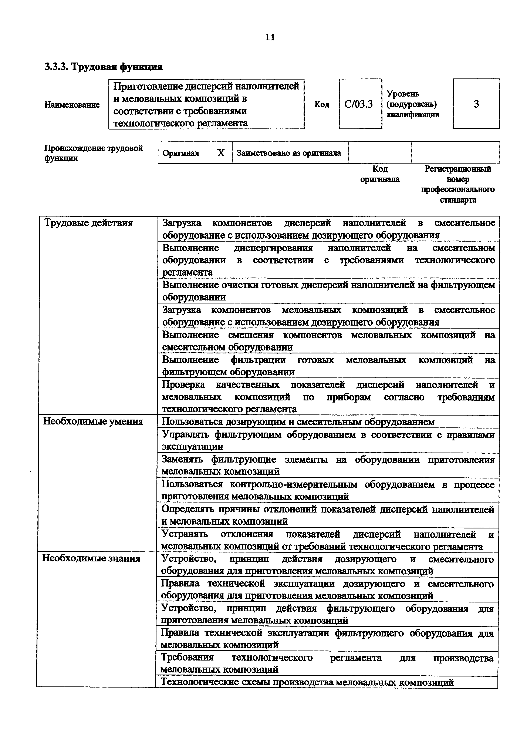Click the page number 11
click(x=270, y=37)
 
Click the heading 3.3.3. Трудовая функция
click(x=104, y=67)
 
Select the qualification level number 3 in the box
click(x=476, y=104)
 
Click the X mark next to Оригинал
click(x=221, y=153)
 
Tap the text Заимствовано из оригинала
click(x=289, y=153)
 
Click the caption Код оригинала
click(x=380, y=174)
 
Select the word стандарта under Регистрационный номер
click(x=458, y=200)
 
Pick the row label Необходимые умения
click(x=93, y=421)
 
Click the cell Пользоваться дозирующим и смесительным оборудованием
click(x=298, y=422)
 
